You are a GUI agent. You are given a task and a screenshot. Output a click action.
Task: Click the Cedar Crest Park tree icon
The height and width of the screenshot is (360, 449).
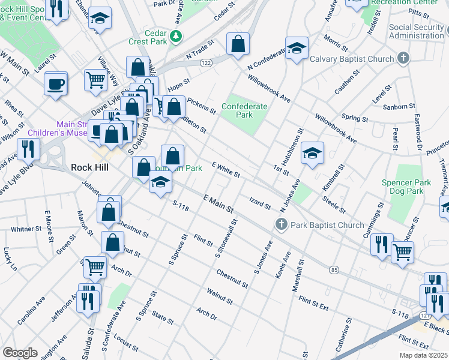[x=176, y=37]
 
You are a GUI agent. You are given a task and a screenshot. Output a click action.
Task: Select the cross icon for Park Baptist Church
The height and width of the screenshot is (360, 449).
[x=280, y=225]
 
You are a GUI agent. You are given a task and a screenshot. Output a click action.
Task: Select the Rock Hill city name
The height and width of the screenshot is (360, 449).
[x=89, y=167]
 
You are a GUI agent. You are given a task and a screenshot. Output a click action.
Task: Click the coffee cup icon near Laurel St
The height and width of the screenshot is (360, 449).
[x=56, y=83]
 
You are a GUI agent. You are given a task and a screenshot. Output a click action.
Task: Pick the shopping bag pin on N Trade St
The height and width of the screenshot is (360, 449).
[x=238, y=43]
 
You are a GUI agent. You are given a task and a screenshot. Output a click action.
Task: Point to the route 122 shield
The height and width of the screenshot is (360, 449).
[x=206, y=63]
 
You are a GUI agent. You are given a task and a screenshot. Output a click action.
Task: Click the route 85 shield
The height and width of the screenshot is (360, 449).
[x=334, y=270]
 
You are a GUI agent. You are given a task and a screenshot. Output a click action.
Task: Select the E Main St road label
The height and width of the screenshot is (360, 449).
[x=218, y=203]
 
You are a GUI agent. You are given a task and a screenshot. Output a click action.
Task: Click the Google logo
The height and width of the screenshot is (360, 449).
[x=20, y=352]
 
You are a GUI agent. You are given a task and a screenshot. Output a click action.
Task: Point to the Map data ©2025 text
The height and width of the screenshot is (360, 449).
[x=423, y=355]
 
